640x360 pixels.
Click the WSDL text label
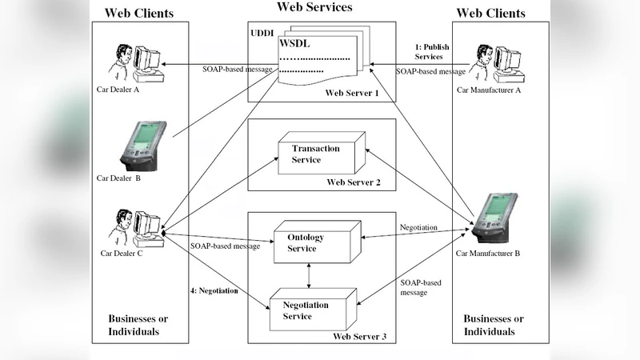(294, 42)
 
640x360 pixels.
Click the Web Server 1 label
(352, 94)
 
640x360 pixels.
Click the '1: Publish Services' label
(431, 52)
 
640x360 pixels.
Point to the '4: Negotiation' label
(214, 290)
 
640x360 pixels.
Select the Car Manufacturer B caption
(488, 254)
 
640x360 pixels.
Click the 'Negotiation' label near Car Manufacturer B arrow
(418, 228)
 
